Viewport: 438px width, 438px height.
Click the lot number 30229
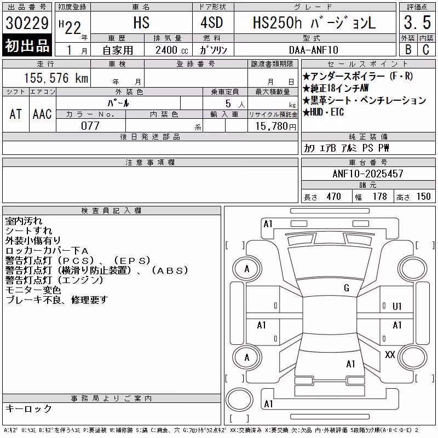27,23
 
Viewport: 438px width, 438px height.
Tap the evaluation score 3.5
417,22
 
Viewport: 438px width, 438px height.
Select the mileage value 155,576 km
56,78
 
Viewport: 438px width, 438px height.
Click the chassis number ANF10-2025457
368,174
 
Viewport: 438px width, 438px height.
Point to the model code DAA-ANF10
313,50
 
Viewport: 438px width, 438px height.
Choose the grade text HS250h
277,22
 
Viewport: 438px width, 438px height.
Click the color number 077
90,126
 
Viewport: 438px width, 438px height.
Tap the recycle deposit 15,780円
275,126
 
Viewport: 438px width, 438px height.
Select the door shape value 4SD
212,22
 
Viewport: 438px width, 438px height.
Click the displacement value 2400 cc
172,50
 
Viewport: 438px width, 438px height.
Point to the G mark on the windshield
347,288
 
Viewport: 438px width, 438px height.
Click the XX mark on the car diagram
390,355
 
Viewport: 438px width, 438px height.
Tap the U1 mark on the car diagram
397,307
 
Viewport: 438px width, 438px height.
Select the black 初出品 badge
27,45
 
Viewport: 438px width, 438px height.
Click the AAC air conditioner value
42,114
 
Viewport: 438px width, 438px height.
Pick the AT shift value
16,114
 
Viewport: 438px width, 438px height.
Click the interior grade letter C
426,50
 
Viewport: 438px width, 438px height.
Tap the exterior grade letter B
408,50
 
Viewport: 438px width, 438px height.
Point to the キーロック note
28,408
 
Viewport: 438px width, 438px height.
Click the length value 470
334,197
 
